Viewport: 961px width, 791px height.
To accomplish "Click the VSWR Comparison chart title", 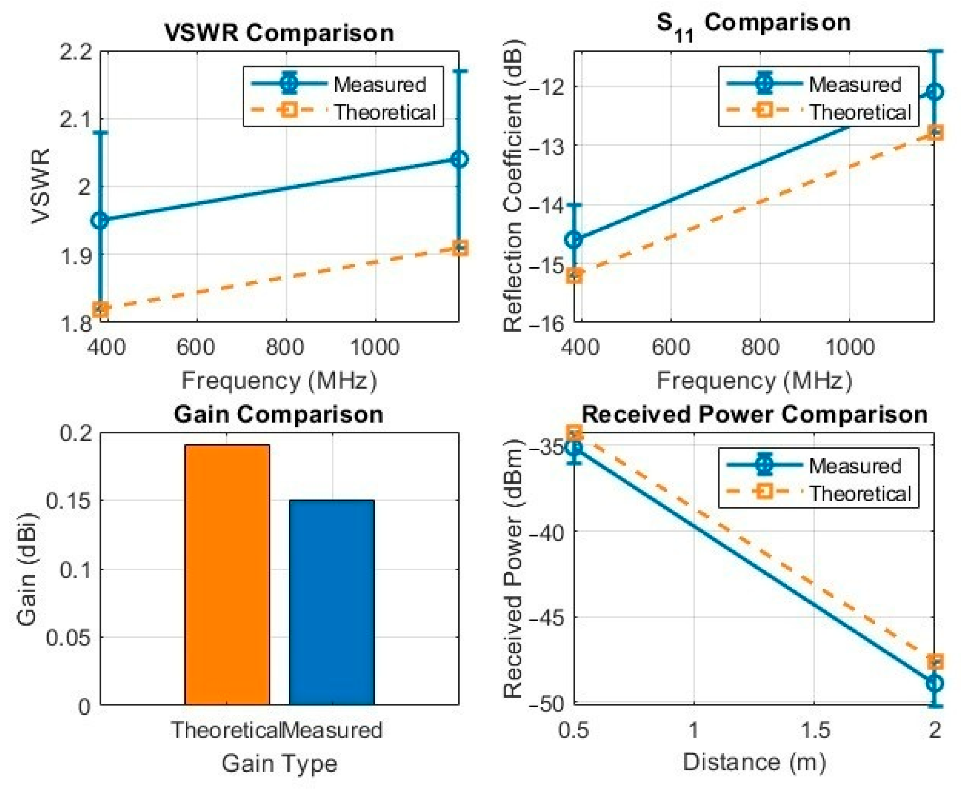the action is pos(279,33).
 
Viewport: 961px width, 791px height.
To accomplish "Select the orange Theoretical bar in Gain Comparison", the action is pos(227,575).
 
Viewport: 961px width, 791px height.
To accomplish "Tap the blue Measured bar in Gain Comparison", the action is pos(332,602).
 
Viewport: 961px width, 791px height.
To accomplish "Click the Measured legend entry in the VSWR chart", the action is pos(339,84).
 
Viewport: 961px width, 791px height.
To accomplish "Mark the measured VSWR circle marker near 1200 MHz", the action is pos(460,159).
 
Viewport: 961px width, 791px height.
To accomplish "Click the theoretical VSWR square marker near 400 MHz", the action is pos(100,309).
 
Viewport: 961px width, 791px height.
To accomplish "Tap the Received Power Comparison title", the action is pos(754,414).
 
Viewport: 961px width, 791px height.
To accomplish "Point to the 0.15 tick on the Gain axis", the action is pos(68,501).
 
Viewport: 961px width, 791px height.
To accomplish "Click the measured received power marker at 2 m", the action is pos(935,683).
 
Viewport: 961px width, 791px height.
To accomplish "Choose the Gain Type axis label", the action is pos(279,764).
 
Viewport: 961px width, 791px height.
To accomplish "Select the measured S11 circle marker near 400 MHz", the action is pos(575,239).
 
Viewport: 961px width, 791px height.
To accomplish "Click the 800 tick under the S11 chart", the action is pos(760,348).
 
